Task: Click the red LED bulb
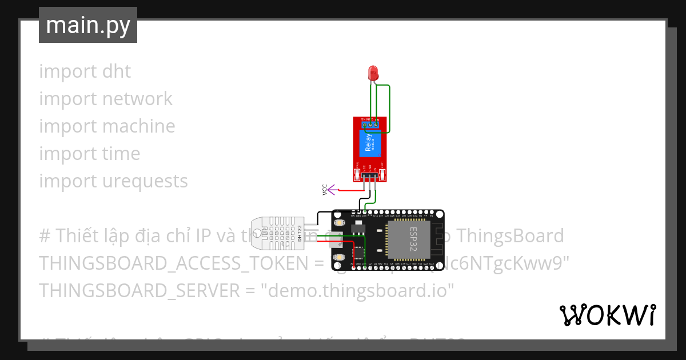[373, 73]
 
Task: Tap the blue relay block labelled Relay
[370, 143]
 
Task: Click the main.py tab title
[88, 25]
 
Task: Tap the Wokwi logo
[607, 315]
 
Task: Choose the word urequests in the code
[145, 181]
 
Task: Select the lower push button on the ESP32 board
[338, 258]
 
